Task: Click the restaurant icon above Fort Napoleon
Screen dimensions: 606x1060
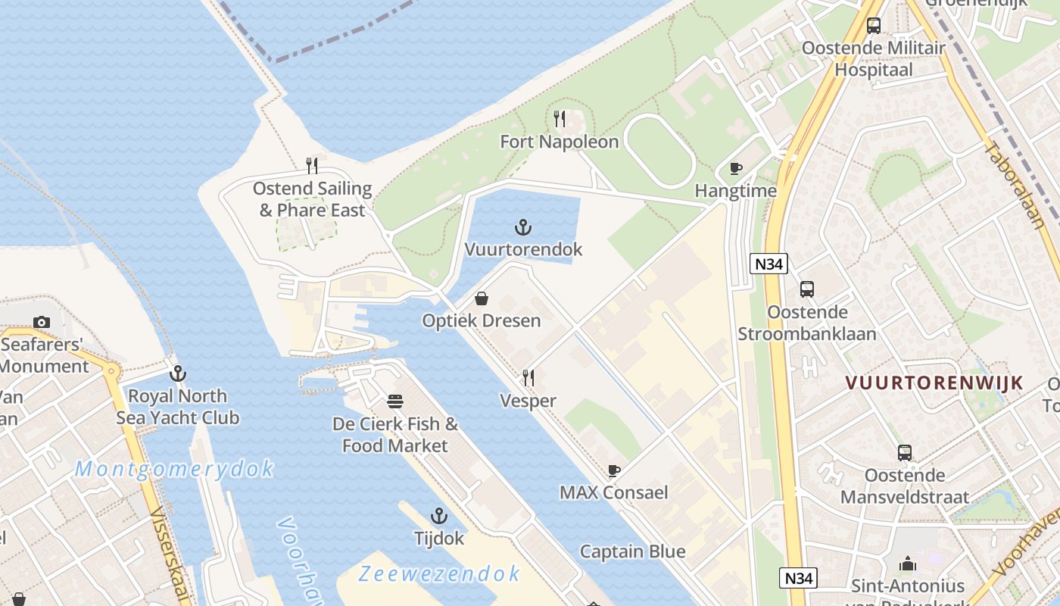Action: pos(560,119)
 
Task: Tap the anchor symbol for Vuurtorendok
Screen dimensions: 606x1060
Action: pos(522,226)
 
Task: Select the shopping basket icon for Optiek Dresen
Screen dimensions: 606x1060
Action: pos(481,299)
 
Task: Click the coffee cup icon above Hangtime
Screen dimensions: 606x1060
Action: pos(735,169)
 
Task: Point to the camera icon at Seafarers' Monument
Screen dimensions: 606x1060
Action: pos(42,323)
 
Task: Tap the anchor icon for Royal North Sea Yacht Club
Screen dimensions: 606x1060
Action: pos(178,373)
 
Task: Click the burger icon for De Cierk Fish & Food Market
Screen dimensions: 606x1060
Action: pos(394,401)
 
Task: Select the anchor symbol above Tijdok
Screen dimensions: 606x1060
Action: pos(438,517)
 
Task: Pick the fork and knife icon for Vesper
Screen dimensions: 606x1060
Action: pos(528,378)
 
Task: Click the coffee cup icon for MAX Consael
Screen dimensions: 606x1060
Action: pos(614,470)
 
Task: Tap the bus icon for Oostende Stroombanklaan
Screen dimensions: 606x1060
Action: pos(807,289)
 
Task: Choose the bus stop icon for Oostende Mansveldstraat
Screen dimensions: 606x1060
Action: pos(905,453)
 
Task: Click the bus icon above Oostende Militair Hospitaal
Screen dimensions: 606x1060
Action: pos(874,26)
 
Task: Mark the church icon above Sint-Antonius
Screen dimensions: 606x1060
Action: pos(908,564)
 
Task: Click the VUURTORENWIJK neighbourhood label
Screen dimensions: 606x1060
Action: pos(934,383)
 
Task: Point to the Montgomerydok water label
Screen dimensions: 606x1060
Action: pos(174,470)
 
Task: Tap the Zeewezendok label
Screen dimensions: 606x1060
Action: pos(440,573)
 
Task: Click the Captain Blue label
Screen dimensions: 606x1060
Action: pos(632,551)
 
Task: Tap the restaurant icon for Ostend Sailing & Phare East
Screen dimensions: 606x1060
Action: pos(312,166)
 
